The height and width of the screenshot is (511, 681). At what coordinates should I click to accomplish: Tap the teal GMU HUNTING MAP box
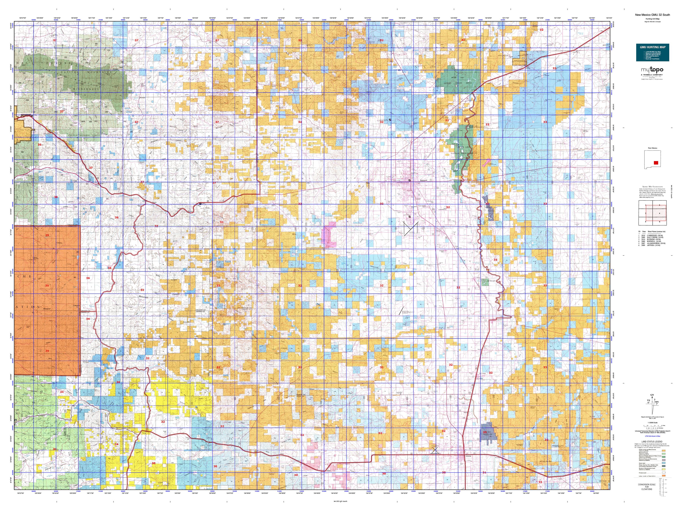coord(652,52)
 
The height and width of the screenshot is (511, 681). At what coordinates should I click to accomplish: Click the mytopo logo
coord(652,70)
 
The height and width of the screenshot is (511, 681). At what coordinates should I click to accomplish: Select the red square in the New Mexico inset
coord(656,163)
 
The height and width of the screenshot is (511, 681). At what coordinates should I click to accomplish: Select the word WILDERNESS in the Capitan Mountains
coord(86,89)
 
